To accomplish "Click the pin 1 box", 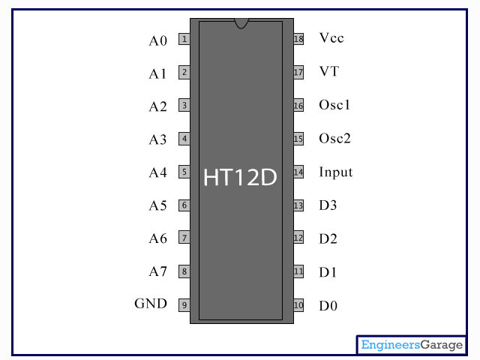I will coord(184,40).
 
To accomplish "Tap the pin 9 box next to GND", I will coord(184,305).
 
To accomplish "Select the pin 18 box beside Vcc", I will coord(298,39).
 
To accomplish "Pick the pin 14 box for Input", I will coord(298,172).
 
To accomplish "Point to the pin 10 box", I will coord(298,305).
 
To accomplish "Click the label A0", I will coord(157,40).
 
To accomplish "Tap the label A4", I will coord(157,172).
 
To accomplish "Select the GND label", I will coord(151,304).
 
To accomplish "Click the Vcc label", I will coord(331,37).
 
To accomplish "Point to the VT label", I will coord(328,71).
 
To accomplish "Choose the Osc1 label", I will coord(334,105).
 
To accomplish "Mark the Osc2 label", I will coord(334,139).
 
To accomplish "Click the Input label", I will coord(335,172).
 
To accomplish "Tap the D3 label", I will coord(328,205).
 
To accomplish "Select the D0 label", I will coord(328,306).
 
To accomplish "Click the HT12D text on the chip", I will coord(240,178).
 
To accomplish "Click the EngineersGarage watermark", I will coord(412,345).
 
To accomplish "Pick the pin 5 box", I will coord(184,172).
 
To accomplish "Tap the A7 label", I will coord(157,271).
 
